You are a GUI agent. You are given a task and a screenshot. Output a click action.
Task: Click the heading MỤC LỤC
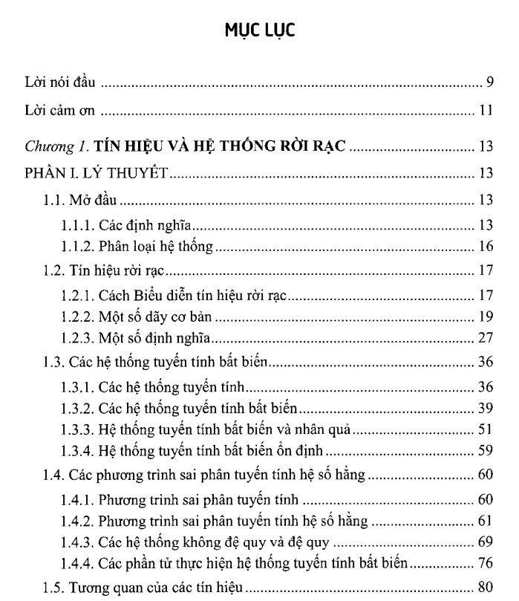click(259, 33)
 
